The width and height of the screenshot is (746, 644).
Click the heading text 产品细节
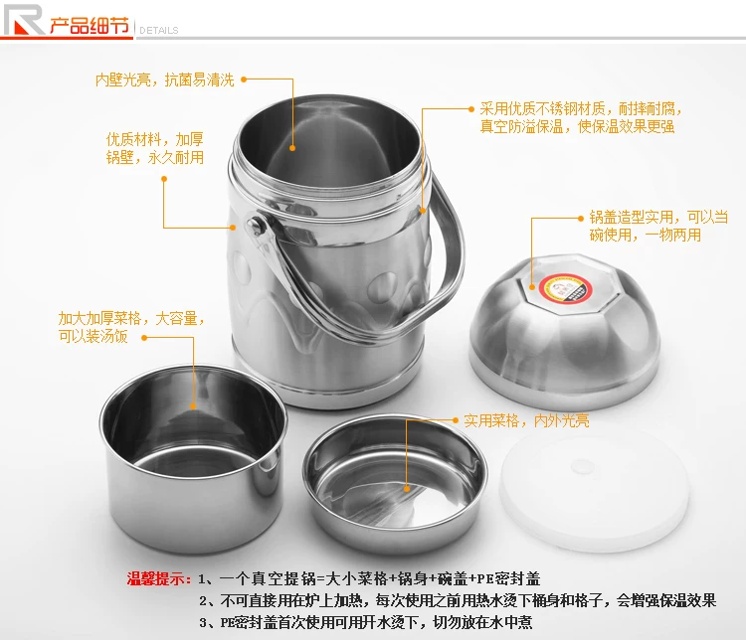coord(90,26)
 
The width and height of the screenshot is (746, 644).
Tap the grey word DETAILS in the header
coord(159,31)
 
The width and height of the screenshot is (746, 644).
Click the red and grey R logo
coord(24,20)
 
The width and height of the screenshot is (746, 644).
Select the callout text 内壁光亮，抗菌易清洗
coord(164,80)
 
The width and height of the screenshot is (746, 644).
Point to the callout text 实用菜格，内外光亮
coord(526,420)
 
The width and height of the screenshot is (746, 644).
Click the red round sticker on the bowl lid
coord(565,287)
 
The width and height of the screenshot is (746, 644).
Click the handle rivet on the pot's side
coord(256,225)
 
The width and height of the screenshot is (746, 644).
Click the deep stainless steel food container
coord(193,458)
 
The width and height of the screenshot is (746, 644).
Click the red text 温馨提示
coord(158,578)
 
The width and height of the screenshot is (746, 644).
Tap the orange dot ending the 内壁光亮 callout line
coord(292,148)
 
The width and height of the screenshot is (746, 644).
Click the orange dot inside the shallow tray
coord(407,489)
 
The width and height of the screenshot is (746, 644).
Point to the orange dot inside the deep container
coord(193,406)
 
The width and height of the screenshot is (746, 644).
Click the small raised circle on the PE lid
coord(582,467)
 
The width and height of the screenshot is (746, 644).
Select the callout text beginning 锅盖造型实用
coord(658,226)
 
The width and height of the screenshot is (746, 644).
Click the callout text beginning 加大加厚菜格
coord(131,327)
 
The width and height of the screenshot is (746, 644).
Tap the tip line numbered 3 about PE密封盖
coord(365,622)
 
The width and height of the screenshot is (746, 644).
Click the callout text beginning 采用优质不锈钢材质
coord(581,117)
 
